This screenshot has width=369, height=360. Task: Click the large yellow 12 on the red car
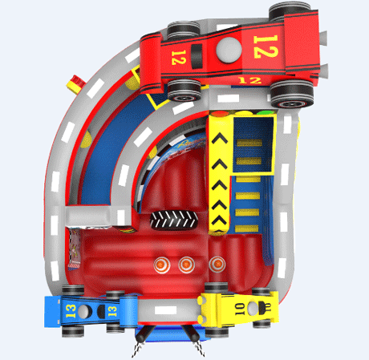click(266, 47)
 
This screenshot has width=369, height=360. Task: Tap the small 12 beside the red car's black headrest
click(178, 58)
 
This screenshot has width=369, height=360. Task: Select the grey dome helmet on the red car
click(229, 50)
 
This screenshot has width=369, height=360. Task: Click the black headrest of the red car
click(197, 56)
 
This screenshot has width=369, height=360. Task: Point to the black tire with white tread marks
click(174, 220)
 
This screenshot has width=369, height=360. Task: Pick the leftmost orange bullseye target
click(162, 265)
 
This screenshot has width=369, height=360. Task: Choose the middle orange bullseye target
click(187, 265)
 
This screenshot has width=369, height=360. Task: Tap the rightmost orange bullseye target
click(217, 264)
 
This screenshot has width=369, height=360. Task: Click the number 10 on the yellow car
click(240, 309)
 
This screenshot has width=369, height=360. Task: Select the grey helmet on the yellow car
click(253, 308)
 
